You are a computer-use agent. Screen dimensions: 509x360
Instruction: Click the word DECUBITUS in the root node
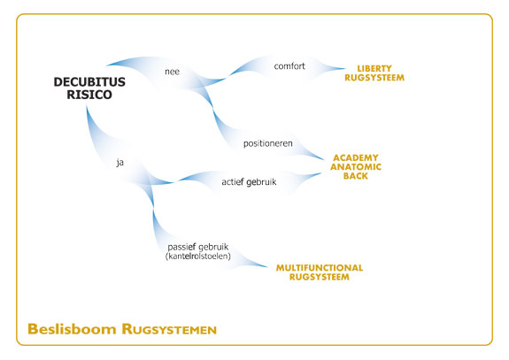point(89,82)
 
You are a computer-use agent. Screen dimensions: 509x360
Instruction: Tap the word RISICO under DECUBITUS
point(89,95)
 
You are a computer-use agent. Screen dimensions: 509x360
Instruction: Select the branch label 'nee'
point(172,72)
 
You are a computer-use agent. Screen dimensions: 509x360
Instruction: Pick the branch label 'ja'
point(120,162)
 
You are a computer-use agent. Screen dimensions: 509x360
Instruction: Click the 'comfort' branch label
point(289,66)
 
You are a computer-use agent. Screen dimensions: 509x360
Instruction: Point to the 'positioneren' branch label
point(268,143)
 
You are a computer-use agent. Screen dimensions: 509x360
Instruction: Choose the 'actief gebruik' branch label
point(249,182)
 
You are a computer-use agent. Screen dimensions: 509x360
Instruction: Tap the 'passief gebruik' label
point(198,247)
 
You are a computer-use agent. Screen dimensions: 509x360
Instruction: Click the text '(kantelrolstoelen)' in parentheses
point(198,257)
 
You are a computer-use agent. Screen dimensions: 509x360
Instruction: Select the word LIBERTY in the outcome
point(374,69)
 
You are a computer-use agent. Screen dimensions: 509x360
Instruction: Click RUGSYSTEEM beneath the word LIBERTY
point(374,78)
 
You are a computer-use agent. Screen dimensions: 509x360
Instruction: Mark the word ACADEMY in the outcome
point(356,158)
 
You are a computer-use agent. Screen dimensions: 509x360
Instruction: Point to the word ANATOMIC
point(356,167)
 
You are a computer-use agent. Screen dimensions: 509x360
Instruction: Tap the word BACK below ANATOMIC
point(356,176)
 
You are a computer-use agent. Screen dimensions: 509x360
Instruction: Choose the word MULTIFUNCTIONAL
point(320,268)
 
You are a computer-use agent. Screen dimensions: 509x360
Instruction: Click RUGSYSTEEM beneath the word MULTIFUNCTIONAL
point(320,277)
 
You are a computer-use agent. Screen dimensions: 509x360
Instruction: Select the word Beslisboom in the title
point(72,329)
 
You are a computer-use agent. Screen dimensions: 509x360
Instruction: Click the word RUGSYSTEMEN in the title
point(169,329)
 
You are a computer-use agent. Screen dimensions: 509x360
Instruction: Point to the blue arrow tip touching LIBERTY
point(344,68)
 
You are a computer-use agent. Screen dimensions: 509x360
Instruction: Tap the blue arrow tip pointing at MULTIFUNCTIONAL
point(266,267)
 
